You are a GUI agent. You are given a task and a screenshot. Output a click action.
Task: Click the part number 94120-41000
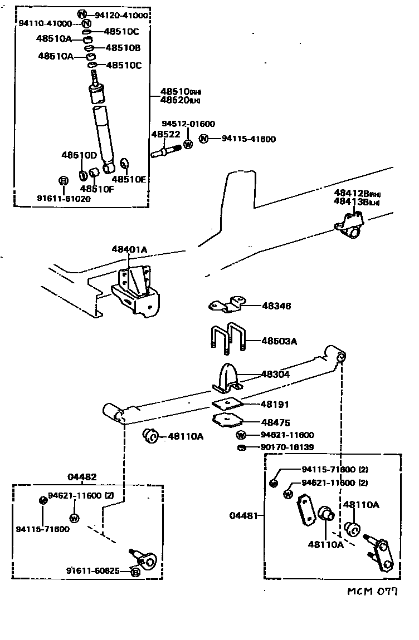(x=118, y=15)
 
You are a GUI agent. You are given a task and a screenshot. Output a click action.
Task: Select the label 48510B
(x=123, y=48)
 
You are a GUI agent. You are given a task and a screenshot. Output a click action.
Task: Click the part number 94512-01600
(x=188, y=124)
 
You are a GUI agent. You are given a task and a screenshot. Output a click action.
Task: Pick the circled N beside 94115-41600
(x=204, y=139)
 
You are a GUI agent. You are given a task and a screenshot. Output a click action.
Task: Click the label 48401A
(x=128, y=250)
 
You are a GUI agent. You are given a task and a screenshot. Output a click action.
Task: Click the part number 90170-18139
(x=286, y=447)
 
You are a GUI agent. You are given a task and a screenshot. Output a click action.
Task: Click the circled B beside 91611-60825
(x=135, y=572)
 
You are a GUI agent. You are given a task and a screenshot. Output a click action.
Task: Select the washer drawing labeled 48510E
(x=124, y=164)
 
